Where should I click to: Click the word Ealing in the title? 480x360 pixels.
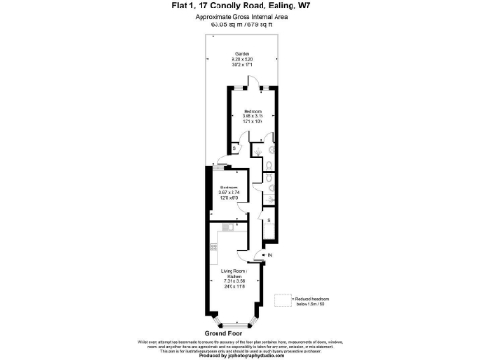click(274, 6)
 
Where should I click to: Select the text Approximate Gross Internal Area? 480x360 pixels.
click(239, 17)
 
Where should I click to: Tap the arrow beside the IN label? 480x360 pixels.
click(262, 256)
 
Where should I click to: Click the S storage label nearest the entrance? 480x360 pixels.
click(269, 222)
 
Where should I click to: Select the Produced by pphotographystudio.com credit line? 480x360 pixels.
click(239, 355)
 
